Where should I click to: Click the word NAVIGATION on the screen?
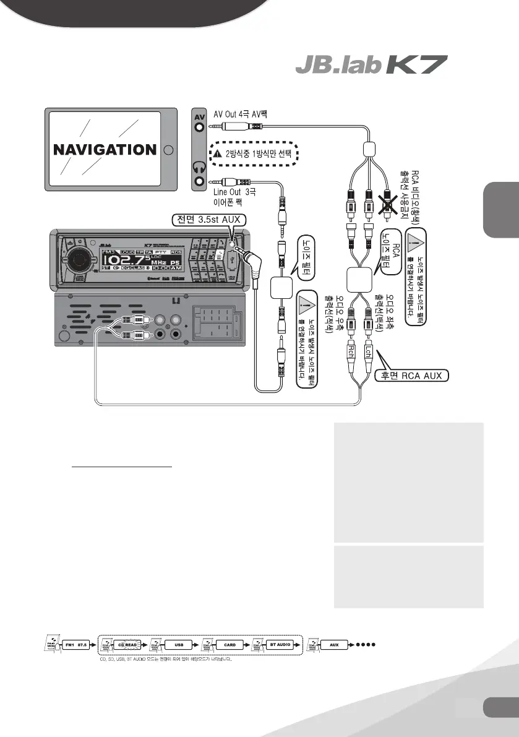[x=104, y=150]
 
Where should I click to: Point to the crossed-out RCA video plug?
[x=388, y=202]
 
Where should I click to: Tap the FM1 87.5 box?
[x=77, y=644]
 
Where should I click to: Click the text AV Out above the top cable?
[x=236, y=113]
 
